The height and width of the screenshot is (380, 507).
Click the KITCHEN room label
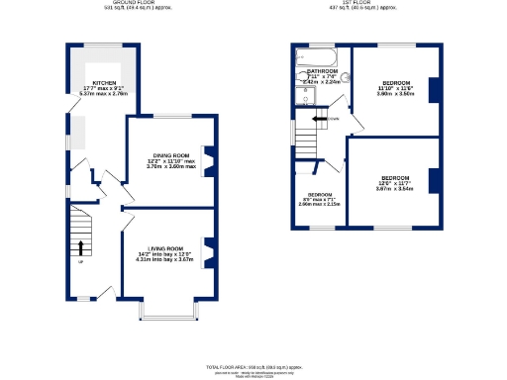coord(106,83)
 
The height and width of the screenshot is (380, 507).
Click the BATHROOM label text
coord(324,72)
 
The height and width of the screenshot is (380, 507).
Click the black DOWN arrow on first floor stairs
coord(319,119)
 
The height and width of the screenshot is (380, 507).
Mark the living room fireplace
coord(208,248)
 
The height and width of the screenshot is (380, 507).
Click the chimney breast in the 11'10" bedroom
coord(433,89)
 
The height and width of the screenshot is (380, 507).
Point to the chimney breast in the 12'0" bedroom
coord(433,180)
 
